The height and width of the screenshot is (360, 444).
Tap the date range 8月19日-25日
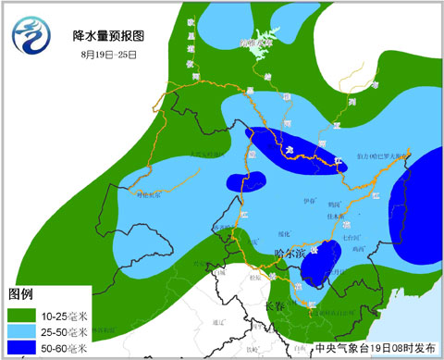click(x=108, y=55)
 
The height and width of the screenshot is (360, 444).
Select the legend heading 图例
click(x=21, y=294)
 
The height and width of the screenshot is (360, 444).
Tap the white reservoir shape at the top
click(x=264, y=45)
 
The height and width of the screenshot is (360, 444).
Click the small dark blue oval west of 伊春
click(x=240, y=180)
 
